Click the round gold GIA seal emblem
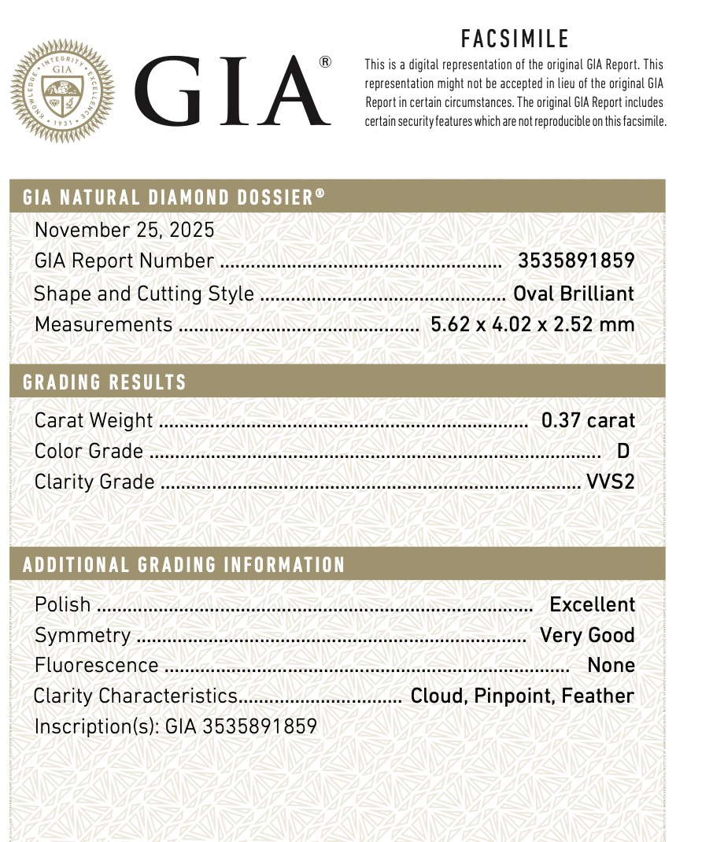tap(62, 91)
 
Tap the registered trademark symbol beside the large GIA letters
tap(325, 62)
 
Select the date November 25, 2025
tap(124, 230)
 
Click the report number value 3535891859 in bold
tap(575, 260)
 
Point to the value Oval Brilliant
tap(573, 294)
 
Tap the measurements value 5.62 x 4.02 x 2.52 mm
tap(532, 324)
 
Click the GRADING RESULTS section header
tap(105, 382)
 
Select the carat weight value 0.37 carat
tap(588, 420)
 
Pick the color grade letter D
tap(623, 451)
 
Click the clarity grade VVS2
tap(610, 482)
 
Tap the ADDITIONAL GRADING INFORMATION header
tap(184, 565)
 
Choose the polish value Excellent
tap(592, 604)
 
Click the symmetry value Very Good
tap(587, 635)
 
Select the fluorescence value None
tap(611, 665)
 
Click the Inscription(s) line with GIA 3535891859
tap(175, 726)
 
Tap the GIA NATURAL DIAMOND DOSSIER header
tap(173, 197)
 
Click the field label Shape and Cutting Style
tap(144, 294)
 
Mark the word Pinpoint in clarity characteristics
tap(525, 696)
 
